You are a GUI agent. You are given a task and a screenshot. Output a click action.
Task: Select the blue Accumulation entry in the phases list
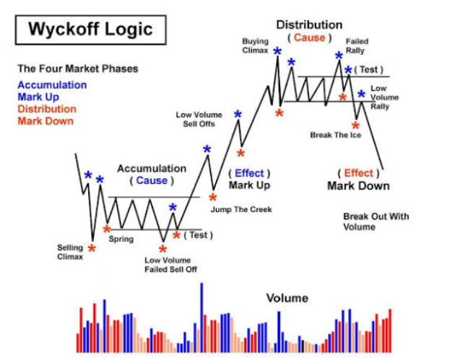pos(52,85)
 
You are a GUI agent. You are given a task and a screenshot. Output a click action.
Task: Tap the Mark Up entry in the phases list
pos(38,97)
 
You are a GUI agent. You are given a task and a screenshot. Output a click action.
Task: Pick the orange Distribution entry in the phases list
pos(47,109)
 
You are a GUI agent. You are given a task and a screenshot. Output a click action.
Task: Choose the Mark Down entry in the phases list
pos(45,121)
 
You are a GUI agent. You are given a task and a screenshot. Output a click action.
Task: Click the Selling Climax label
pos(70,253)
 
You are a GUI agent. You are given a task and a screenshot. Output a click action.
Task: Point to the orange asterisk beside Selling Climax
pos(92,248)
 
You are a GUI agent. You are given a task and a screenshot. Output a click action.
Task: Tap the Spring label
pos(121,239)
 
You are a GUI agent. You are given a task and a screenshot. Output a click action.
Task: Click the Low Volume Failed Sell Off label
pos(170,265)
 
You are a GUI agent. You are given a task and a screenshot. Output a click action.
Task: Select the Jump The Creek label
pos(241,209)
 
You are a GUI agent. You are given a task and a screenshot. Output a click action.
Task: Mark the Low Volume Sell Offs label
pos(199,120)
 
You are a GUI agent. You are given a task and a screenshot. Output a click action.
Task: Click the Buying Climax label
pos(256,45)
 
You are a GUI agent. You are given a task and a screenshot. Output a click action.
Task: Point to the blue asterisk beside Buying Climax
pos(277,51)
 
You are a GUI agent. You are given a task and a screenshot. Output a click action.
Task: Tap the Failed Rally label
pos(357,45)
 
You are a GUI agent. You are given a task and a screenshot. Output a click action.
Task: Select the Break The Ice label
pos(335,135)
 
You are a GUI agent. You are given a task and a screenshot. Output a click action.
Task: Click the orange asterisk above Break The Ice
pos(355,126)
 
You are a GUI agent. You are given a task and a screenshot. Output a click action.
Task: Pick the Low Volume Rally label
pos(384,97)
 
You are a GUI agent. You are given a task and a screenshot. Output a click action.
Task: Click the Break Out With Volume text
pos(376,221)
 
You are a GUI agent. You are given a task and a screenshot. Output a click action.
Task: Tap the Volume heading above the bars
pos(287,298)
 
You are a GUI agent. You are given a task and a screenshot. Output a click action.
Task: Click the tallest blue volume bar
pos(201,317)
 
